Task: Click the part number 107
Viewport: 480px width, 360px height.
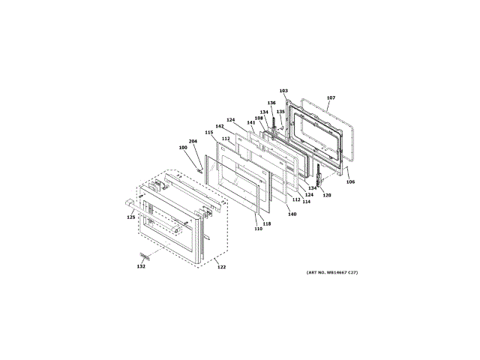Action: click(x=331, y=97)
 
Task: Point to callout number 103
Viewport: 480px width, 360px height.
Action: click(x=283, y=90)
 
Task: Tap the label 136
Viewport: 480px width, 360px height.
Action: click(x=271, y=103)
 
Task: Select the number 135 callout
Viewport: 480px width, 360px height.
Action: click(x=280, y=112)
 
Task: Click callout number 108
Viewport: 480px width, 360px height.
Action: click(x=258, y=118)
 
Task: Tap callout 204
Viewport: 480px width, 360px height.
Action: click(x=193, y=141)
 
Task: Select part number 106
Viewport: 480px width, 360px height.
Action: click(x=350, y=181)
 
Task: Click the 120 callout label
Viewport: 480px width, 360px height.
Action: click(x=326, y=194)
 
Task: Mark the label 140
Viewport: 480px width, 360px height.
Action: click(x=292, y=214)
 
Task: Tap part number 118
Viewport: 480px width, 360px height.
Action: click(x=267, y=223)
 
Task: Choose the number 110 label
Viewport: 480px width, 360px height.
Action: click(x=258, y=229)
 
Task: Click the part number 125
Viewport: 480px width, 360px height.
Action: click(x=130, y=217)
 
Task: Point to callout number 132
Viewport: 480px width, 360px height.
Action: click(x=141, y=266)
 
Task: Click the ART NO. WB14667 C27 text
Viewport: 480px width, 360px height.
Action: click(x=332, y=271)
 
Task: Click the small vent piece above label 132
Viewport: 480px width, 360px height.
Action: click(x=145, y=256)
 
